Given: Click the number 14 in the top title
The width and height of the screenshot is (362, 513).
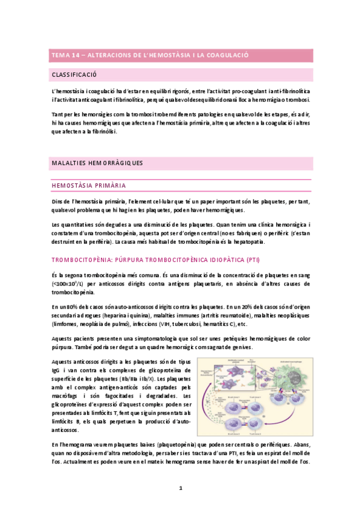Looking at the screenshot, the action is pos(76,55).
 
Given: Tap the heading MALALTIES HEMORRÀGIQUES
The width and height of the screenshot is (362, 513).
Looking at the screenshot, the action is pos(97,163).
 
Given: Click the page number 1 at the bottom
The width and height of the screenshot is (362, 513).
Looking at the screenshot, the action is pos(181,488).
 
